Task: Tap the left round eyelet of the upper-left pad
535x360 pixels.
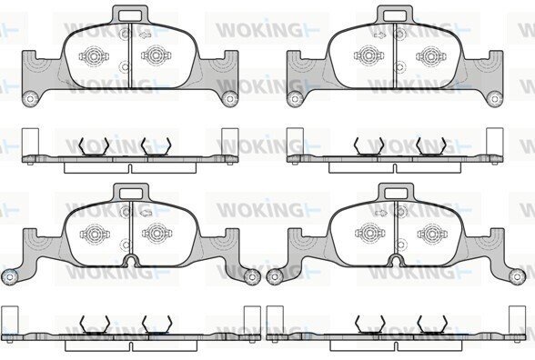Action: pos(30,99)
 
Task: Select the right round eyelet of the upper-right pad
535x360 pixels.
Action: pos(494,99)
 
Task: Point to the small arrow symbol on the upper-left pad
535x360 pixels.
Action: pos(146,35)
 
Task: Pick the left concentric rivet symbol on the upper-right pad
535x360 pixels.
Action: pos(368,55)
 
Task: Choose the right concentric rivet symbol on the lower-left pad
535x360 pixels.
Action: pos(156,233)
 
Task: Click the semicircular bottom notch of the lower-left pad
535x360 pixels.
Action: pos(131,261)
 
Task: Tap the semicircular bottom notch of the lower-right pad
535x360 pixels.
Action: pos(396,261)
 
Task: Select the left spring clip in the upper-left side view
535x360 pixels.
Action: pos(94,146)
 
